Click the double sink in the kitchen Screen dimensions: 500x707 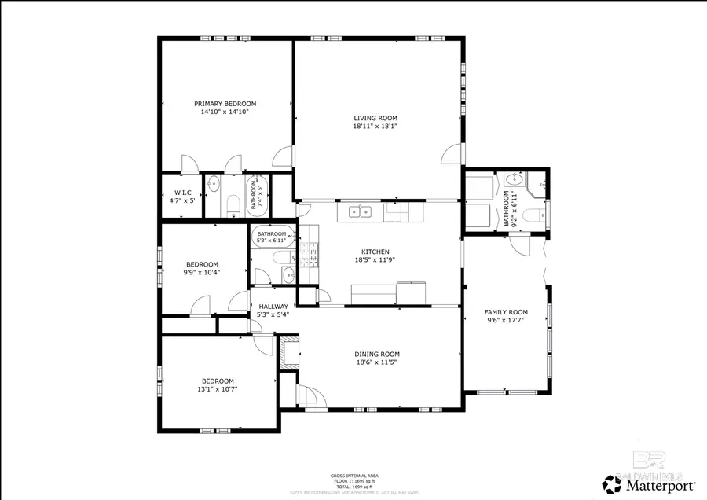[x=361, y=211]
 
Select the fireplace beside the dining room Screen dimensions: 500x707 [x=289, y=351]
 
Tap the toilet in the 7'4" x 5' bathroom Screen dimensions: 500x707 [x=233, y=207]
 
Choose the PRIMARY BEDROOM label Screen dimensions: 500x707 [x=225, y=104]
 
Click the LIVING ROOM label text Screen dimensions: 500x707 [x=375, y=118]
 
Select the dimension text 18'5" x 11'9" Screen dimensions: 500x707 [x=375, y=260]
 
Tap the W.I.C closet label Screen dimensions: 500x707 [x=182, y=193]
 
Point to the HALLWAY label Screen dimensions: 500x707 [x=273, y=307]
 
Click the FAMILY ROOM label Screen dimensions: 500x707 [x=505, y=312]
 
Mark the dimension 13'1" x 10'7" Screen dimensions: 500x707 [x=218, y=388]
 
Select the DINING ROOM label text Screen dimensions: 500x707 [x=377, y=355]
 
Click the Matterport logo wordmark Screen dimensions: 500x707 [x=657, y=485]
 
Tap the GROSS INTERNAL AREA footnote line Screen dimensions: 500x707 [x=353, y=476]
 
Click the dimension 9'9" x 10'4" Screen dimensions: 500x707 [x=202, y=272]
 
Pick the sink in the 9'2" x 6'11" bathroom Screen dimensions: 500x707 [x=512, y=178]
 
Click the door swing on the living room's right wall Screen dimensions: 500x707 [x=451, y=155]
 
